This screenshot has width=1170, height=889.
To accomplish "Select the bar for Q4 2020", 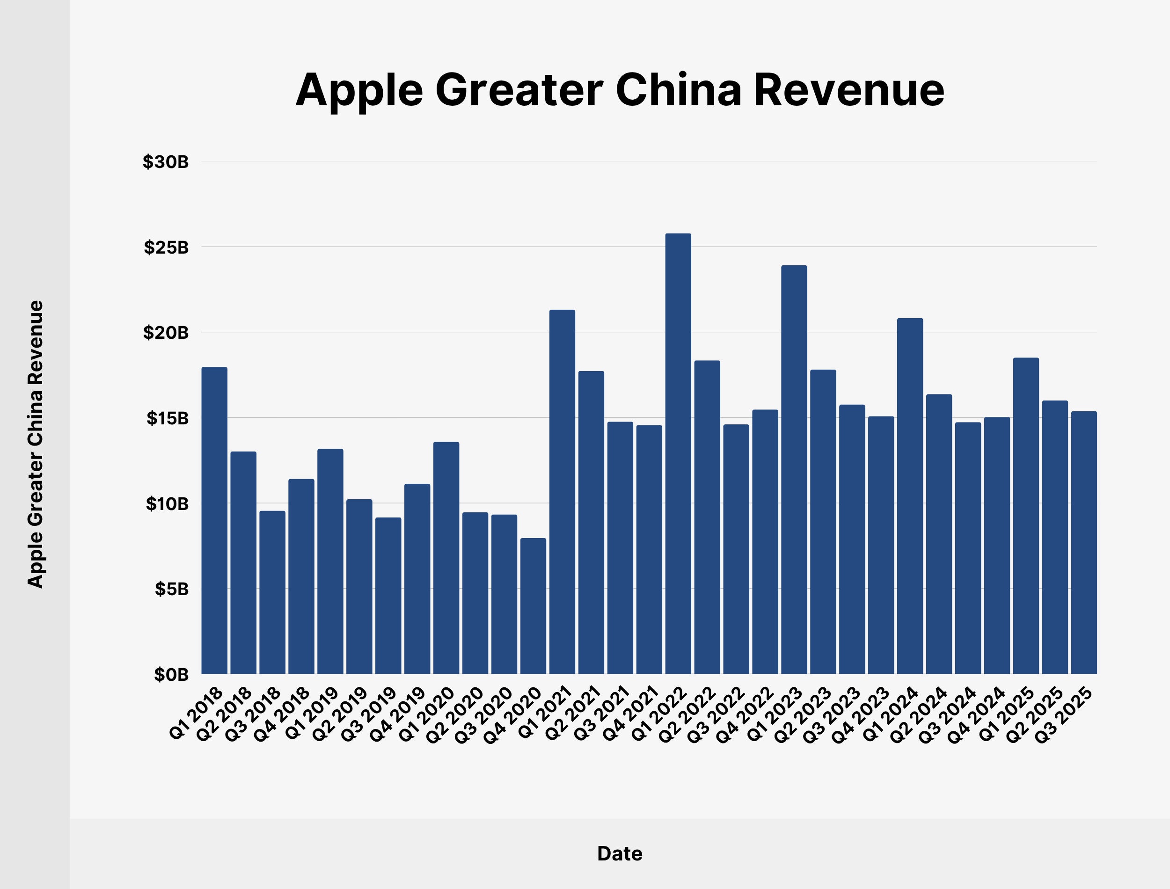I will pos(533,606).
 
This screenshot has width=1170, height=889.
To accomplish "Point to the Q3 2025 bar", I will pos(1084,542).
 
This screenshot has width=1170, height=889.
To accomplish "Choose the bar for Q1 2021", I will pos(562,492).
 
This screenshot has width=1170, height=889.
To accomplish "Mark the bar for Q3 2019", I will pos(388,595).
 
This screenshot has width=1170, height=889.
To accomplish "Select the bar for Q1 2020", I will pos(446,558).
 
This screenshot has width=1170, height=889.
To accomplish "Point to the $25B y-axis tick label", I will pos(166,247).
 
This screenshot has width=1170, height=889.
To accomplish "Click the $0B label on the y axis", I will pos(171,675).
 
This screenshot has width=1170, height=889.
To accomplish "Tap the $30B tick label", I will pos(166,162).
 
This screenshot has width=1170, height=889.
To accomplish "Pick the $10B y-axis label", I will pos(167,504).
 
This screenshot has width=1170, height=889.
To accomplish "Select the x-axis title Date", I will pos(620,853).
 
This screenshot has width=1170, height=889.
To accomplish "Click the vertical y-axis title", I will pos(36,444).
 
